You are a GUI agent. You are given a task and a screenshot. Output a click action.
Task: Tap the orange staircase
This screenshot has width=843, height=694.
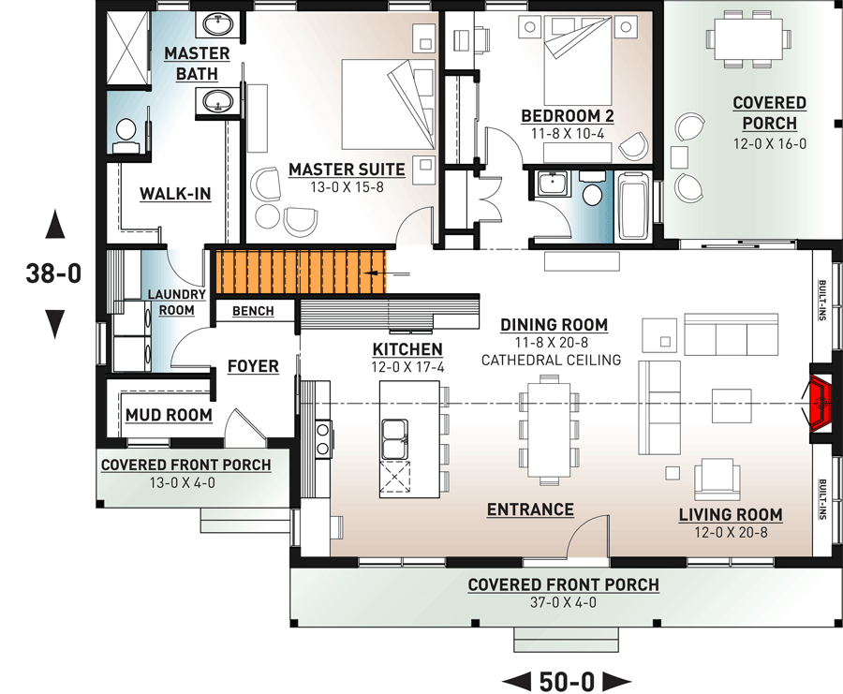tap(301, 272)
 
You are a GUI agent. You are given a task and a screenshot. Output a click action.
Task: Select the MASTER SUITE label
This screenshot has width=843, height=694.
tap(347, 170)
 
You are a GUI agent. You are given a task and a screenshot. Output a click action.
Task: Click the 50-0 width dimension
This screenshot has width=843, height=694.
tap(568, 678)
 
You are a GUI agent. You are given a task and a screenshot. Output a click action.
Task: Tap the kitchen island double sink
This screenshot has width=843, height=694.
tap(395, 438)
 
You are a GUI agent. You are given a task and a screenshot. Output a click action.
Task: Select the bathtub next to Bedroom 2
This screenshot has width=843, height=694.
tap(634, 205)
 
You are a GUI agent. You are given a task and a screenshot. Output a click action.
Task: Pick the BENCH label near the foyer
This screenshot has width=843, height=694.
tap(253, 311)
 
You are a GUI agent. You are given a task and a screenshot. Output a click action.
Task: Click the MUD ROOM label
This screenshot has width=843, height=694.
tap(169, 415)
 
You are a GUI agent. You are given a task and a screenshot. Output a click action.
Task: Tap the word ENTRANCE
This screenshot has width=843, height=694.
tap(530, 509)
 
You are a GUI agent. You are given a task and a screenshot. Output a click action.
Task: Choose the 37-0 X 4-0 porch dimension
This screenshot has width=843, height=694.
tap(563, 602)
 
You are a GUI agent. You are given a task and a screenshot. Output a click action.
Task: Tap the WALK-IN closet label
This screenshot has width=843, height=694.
tap(175, 194)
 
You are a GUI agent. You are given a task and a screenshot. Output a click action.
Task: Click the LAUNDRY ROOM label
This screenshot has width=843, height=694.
tap(170, 303)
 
